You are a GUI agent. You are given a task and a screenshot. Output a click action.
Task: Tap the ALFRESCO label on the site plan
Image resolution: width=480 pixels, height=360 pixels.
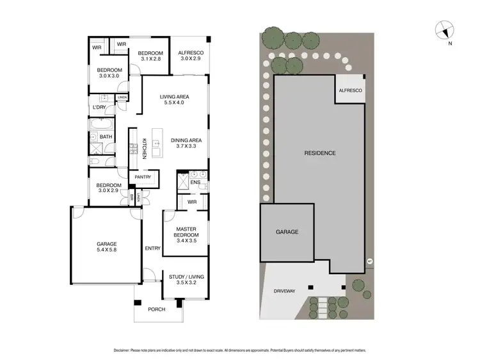tap(350, 91)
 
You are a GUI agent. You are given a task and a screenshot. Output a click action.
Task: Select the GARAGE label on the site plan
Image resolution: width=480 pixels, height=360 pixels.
tap(287, 232)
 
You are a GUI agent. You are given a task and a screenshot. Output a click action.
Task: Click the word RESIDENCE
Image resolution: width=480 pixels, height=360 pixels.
tap(319, 153)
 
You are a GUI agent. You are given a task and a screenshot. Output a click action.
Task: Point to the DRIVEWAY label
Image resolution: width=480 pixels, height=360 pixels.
tap(284, 291)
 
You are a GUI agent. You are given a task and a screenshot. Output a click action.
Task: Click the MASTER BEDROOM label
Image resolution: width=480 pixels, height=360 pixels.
tap(187, 231)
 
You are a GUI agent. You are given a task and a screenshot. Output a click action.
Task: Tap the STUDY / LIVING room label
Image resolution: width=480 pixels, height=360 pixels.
tap(186, 277)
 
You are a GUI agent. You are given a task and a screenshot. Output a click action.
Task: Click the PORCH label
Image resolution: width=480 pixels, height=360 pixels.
tap(156, 309)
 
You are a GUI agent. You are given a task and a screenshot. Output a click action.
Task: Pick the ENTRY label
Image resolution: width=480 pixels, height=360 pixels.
tap(152, 249)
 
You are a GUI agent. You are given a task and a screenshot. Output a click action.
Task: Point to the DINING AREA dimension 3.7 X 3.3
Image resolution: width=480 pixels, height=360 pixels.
tap(186, 147)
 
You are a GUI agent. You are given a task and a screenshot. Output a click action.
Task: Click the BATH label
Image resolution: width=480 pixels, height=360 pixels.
tap(106, 136)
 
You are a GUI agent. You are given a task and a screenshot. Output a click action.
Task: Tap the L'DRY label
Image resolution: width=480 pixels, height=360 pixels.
tap(99, 107)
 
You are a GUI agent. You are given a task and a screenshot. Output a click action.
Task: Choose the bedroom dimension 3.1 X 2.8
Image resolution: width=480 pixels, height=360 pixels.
tap(152, 60)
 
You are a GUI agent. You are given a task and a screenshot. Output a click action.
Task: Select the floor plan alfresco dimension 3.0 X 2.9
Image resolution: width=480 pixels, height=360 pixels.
tap(190, 60)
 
